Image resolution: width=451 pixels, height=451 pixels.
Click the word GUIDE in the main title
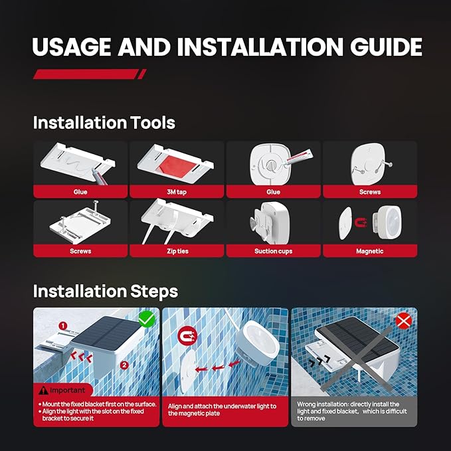coord(386,46)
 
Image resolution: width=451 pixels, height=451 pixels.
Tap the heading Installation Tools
coord(104,123)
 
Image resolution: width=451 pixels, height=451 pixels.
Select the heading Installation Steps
coord(106,292)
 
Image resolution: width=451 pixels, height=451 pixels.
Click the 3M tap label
coord(177,192)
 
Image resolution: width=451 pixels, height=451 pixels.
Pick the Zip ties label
coord(177,251)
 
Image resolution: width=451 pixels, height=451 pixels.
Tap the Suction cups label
coord(273,251)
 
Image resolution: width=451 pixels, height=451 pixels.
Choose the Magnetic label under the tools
coord(369,251)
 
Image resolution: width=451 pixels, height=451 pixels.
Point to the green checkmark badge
coord(147,319)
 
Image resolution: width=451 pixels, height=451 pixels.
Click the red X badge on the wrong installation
coord(404,320)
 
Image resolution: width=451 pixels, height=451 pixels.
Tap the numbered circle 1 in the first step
coord(63,326)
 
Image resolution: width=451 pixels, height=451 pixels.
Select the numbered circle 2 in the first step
coord(124,365)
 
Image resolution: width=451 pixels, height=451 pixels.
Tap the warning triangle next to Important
coord(43,391)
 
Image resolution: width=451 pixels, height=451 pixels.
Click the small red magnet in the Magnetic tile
coord(361,223)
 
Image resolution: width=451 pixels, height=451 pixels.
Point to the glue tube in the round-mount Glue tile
coord(298,157)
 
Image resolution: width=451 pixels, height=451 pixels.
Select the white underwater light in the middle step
coord(257,343)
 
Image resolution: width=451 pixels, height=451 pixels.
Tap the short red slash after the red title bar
coord(142,74)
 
